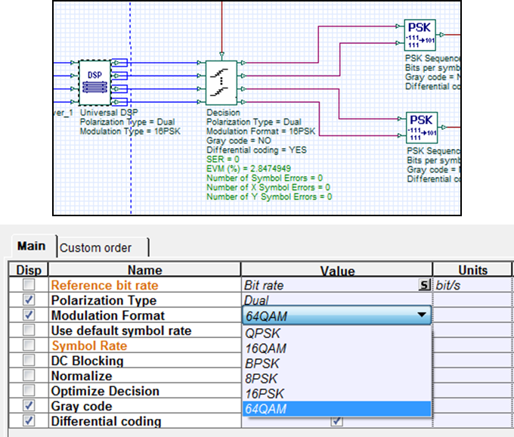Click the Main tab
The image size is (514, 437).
pyautogui.click(x=32, y=246)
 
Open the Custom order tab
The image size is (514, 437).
pyautogui.click(x=95, y=247)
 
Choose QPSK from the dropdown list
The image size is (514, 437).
pyautogui.click(x=261, y=332)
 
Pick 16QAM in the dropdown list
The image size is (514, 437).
pyautogui.click(x=265, y=348)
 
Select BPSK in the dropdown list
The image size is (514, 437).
pyautogui.click(x=261, y=363)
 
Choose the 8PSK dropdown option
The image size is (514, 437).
pyautogui.click(x=261, y=378)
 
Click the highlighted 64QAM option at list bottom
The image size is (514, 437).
pyautogui.click(x=266, y=409)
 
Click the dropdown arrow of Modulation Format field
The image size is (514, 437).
pyautogui.click(x=421, y=315)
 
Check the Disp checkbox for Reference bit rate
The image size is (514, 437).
pyautogui.click(x=29, y=285)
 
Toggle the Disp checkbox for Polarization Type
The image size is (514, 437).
pyautogui.click(x=29, y=300)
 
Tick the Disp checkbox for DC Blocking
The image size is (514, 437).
pyautogui.click(x=29, y=361)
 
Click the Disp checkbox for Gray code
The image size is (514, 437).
pyautogui.click(x=29, y=406)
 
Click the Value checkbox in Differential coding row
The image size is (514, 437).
pyautogui.click(x=336, y=421)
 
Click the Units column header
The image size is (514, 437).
pyautogui.click(x=472, y=270)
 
